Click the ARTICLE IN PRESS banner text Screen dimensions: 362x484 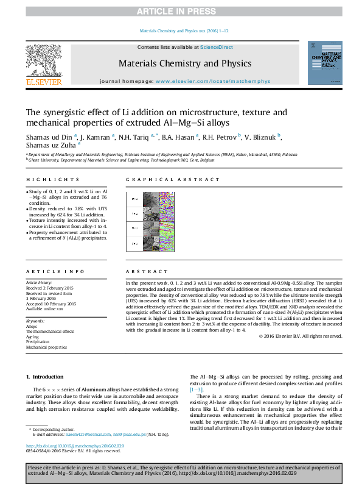(181, 12)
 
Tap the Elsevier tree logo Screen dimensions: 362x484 (43, 62)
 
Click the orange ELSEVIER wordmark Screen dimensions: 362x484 (43, 81)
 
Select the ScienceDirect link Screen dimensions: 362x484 (217, 47)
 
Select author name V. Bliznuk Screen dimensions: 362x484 (261, 137)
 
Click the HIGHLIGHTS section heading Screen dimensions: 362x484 (52, 180)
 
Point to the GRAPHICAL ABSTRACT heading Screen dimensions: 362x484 (172, 180)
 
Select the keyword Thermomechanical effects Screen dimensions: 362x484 (49, 332)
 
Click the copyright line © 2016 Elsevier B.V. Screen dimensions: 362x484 (301, 336)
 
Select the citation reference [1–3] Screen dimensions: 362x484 (197, 388)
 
